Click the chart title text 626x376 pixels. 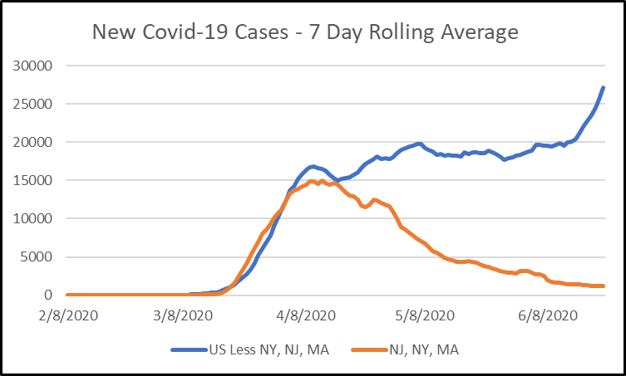305,32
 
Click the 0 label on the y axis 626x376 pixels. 49,295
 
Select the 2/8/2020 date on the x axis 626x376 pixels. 66,315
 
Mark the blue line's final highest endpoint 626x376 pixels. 603,88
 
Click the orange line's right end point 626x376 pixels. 603,286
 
